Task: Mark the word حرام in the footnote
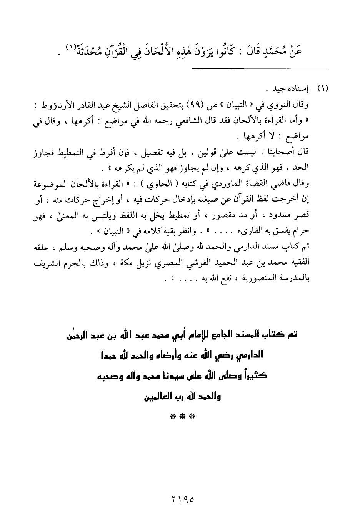click(x=300, y=233)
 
